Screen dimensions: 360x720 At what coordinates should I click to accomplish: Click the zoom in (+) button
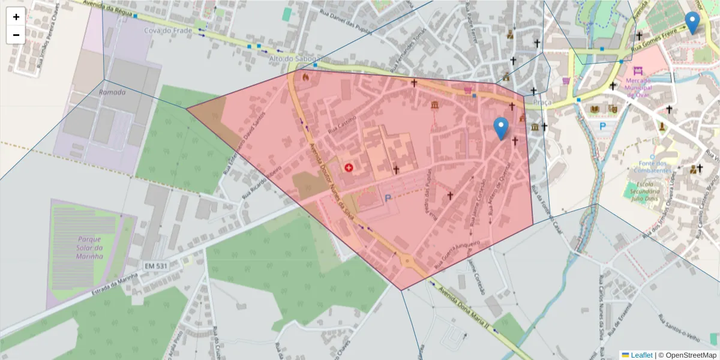click(16, 17)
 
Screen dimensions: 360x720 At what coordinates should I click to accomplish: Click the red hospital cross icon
click(349, 167)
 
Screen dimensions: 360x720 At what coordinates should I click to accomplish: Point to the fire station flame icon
click(305, 77)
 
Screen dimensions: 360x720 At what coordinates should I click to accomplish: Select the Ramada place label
click(112, 92)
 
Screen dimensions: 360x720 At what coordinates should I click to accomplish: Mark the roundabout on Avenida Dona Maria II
click(407, 261)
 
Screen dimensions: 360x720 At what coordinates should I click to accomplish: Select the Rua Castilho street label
click(341, 125)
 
